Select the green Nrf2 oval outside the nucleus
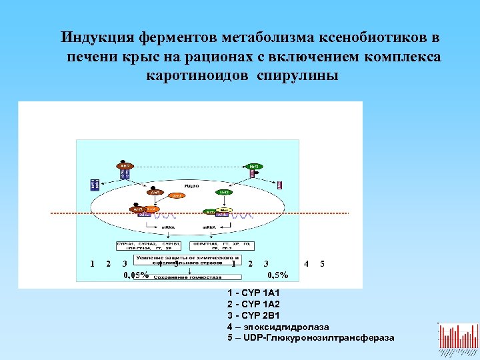254,165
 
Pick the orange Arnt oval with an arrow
176,196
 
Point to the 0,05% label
137,275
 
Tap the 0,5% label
277,275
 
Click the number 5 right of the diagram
323,264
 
